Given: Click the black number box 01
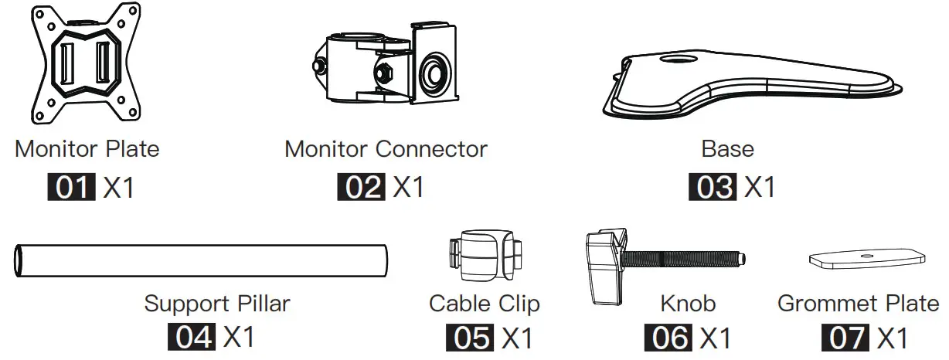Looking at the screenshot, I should coord(72,188).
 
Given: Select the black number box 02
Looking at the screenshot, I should coord(361,188).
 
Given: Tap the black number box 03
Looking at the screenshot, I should coord(712,188).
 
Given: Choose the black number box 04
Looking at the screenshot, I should coord(191,337).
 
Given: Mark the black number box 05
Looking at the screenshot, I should coord(469,338).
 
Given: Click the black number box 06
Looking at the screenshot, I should coord(668,338).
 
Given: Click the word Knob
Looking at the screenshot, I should coord(688,303).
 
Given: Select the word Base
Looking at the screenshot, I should coord(727,148).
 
